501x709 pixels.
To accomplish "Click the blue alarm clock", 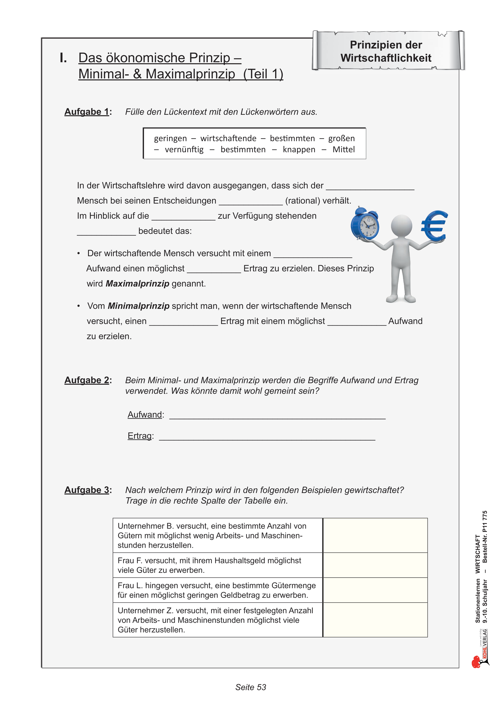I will [365, 224].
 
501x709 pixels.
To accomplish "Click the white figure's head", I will [401, 225].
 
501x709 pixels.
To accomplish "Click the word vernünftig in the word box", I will [184, 150].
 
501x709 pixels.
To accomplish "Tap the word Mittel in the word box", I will [344, 150].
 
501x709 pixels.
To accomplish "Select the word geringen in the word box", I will [170, 138].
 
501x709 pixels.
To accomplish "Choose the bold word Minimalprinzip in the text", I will [139, 306].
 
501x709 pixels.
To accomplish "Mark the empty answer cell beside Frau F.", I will [375, 565].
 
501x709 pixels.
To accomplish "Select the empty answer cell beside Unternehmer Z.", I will [375, 620].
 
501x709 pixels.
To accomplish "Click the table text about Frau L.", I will [216, 590].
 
